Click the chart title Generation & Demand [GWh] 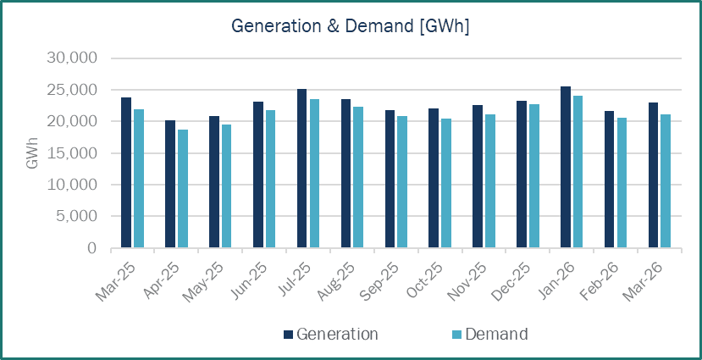coord(351,27)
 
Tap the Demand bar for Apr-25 coord(182,189)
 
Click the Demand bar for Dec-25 coord(533,176)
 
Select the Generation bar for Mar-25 coord(126,173)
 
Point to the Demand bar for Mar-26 coord(666,181)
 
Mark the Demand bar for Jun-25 coord(270,179)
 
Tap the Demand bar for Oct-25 coord(445,183)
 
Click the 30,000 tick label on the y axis coord(75,58)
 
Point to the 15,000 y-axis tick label coord(75,153)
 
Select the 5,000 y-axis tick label coord(79,217)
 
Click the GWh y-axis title coord(32,153)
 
